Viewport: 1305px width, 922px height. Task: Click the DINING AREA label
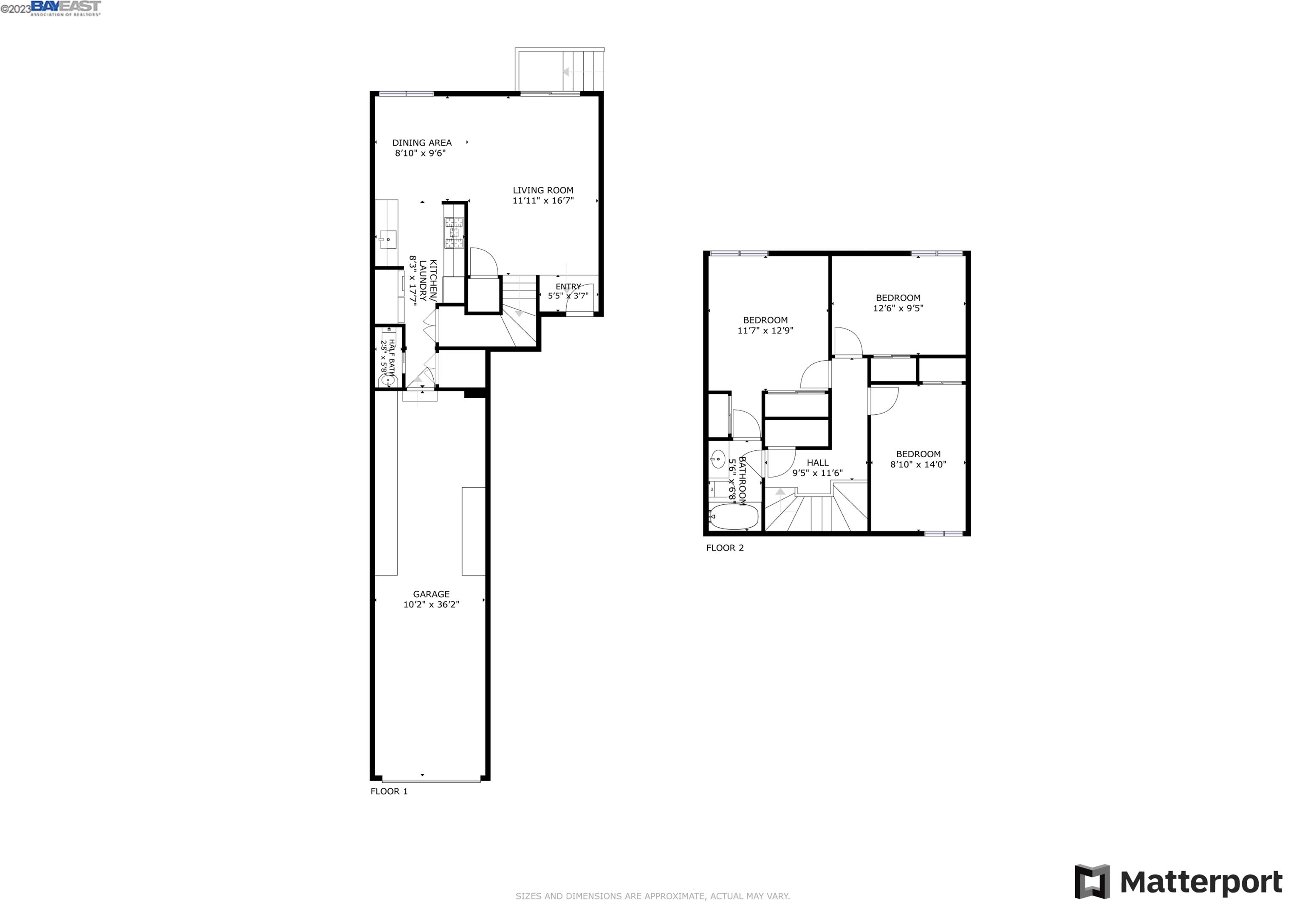click(x=422, y=143)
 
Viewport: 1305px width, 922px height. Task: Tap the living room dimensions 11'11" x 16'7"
click(x=543, y=200)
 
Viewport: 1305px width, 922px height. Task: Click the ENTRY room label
click(x=568, y=286)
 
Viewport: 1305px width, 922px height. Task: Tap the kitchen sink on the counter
click(x=388, y=240)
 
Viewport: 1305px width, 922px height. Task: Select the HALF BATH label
click(x=391, y=352)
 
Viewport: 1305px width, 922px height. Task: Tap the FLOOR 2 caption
click(x=725, y=548)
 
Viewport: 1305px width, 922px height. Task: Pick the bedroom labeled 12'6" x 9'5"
click(x=898, y=303)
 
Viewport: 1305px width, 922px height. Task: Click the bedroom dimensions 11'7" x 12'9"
click(x=765, y=331)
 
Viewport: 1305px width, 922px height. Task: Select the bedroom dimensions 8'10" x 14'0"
click(x=918, y=464)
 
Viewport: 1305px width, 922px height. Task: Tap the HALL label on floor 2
click(x=817, y=462)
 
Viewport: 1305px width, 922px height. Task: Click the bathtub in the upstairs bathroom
click(x=733, y=516)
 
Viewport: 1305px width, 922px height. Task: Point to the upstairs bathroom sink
click(x=718, y=458)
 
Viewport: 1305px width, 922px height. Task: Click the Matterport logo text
click(x=1200, y=882)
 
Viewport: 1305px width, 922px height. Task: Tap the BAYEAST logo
click(x=65, y=7)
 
